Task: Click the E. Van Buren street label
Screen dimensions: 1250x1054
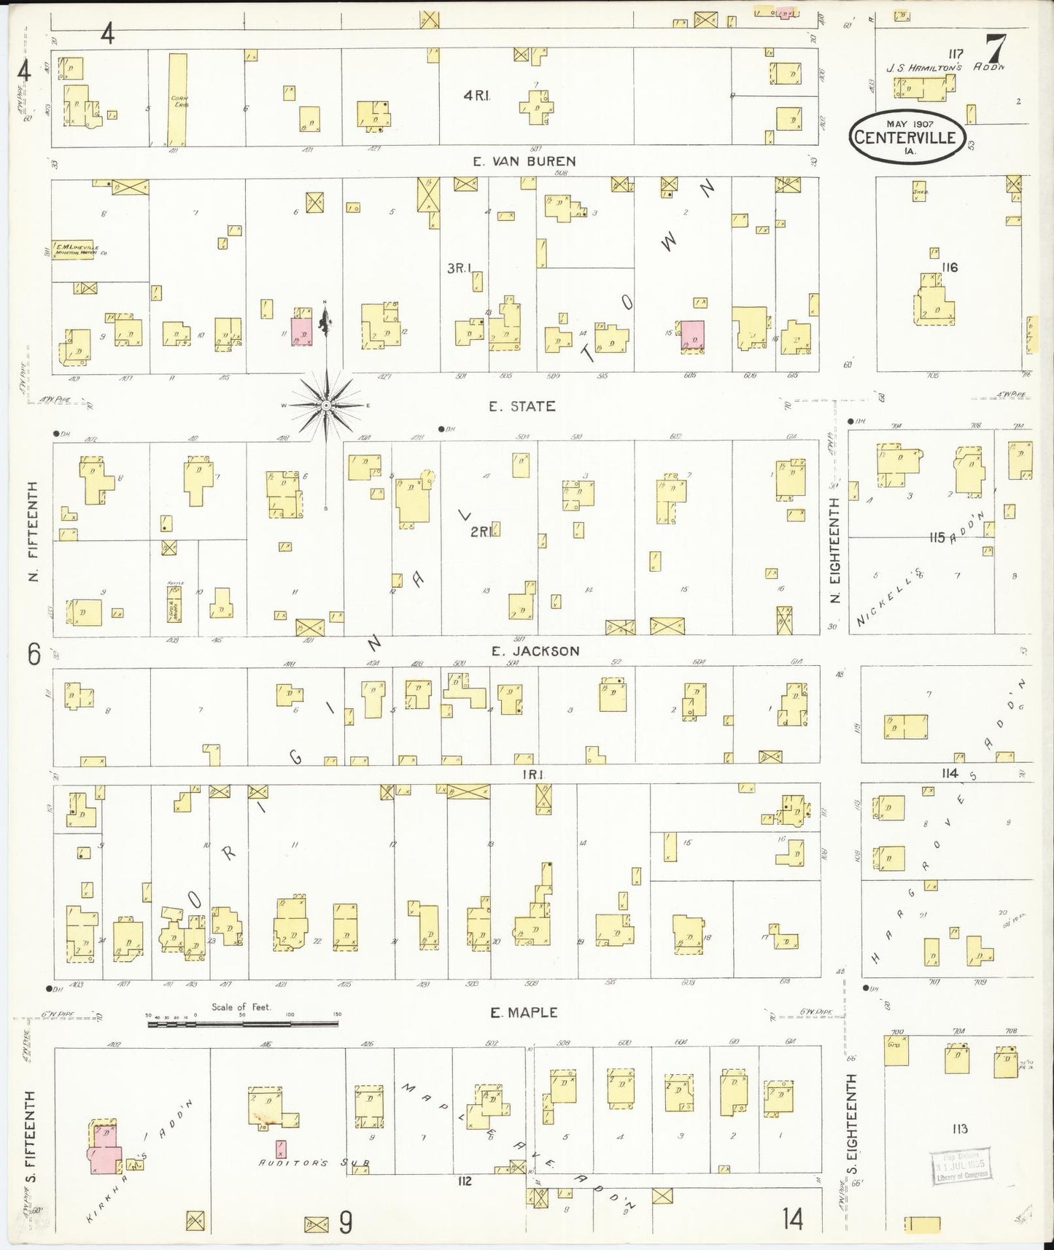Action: pos(524,161)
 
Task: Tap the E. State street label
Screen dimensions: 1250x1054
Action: pos(522,406)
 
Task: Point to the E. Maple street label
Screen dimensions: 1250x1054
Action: pos(524,1012)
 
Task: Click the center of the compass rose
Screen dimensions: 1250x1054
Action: pos(326,404)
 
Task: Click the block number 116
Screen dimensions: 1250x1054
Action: pos(949,268)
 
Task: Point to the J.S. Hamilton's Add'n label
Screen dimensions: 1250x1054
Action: pos(945,67)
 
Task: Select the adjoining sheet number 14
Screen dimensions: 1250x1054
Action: pos(793,1219)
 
